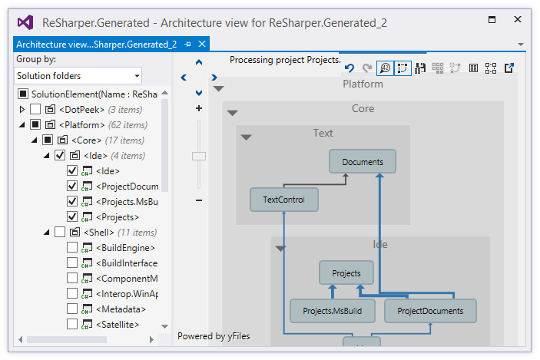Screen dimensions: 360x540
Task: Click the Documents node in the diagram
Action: (363, 161)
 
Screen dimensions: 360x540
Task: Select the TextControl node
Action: (283, 200)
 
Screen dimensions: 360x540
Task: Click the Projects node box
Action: (346, 273)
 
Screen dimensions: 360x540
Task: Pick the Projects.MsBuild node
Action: (332, 311)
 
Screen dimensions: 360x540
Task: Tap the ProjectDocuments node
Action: (430, 311)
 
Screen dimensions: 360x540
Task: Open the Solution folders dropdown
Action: (78, 75)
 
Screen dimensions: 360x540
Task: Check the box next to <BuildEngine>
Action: (72, 248)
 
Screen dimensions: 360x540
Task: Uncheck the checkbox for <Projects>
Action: (72, 217)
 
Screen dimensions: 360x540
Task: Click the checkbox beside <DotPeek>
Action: (35, 110)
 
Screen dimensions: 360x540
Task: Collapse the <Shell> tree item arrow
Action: (47, 233)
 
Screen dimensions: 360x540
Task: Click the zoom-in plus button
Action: (199, 109)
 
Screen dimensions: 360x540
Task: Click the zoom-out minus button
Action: (199, 201)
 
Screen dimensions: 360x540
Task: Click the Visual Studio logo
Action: (25, 22)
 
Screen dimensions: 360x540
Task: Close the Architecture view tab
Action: (202, 45)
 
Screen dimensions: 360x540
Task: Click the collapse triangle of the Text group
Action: (247, 137)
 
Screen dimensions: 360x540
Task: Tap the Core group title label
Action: (363, 109)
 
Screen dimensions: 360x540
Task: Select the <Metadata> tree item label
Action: (121, 309)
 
